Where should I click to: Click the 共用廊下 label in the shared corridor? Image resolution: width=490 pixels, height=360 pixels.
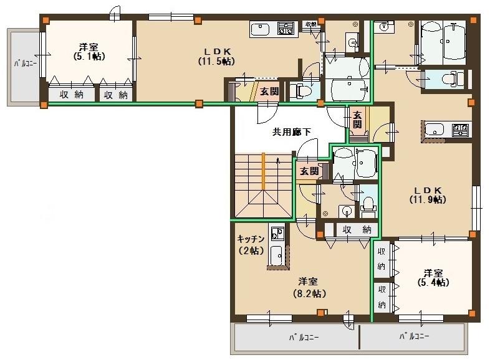[291, 131]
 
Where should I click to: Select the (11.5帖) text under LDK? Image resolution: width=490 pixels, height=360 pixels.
[217, 61]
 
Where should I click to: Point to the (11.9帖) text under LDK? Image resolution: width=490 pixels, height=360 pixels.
[427, 199]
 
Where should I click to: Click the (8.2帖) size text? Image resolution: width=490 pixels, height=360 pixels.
[310, 292]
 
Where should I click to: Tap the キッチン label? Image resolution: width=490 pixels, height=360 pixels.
[251, 239]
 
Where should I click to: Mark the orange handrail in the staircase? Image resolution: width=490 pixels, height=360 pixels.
[264, 171]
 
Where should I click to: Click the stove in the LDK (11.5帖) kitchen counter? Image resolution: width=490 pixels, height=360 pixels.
[285, 28]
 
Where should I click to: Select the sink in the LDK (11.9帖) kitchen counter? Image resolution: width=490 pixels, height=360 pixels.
[434, 130]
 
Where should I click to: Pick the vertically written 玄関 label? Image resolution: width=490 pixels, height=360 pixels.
[357, 119]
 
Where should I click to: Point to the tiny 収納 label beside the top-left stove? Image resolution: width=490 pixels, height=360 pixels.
[310, 24]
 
